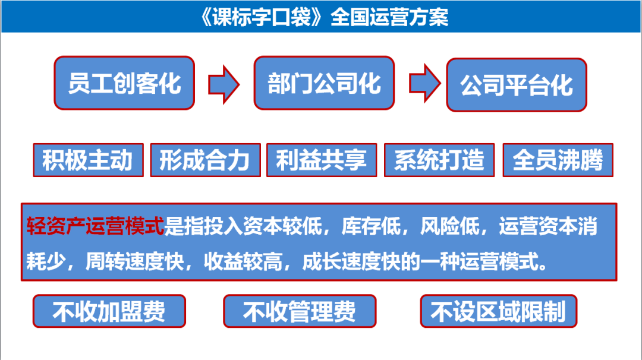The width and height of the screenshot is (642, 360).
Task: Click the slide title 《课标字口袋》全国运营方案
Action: [324, 17]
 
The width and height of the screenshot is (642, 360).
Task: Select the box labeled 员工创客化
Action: [124, 83]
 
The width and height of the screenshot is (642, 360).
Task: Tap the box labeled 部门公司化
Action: [325, 83]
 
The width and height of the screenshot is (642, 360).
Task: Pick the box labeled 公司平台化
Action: [517, 85]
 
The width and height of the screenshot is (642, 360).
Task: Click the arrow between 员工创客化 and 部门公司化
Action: [224, 84]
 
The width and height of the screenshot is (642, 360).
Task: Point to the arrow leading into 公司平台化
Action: [425, 83]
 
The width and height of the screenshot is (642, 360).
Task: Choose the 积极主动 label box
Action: [89, 160]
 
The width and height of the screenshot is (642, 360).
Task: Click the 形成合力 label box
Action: [206, 160]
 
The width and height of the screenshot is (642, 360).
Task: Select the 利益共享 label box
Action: [322, 160]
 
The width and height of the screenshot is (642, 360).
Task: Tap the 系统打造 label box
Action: [439, 160]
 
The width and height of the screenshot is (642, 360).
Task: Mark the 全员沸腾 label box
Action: [558, 160]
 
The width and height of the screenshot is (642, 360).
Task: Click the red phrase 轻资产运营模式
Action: [95, 226]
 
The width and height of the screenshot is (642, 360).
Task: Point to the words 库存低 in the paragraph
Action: [371, 226]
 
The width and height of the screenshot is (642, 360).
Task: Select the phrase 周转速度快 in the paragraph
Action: [135, 261]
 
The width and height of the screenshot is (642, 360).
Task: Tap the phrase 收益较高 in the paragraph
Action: [243, 261]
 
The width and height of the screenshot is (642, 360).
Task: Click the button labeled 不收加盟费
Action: [109, 311]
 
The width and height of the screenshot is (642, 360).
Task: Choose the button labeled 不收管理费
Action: [300, 311]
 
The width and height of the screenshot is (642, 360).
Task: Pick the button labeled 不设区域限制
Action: [499, 311]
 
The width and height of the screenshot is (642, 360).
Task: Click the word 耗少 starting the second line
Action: [46, 261]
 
